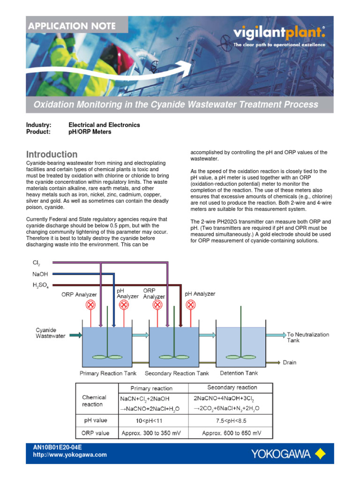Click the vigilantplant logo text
pos(279,33)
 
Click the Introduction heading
pos(52,154)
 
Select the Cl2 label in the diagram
pos(36,263)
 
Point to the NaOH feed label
pos(40,274)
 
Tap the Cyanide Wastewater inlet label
pos(51,333)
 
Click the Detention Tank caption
pos(239,373)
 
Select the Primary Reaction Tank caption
pos(108,373)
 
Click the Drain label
pos(289,362)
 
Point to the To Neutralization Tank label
pos(308,337)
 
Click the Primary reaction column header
pos(151,388)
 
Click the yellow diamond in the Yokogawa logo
pos(320,453)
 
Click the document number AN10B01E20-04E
pos(58,448)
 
